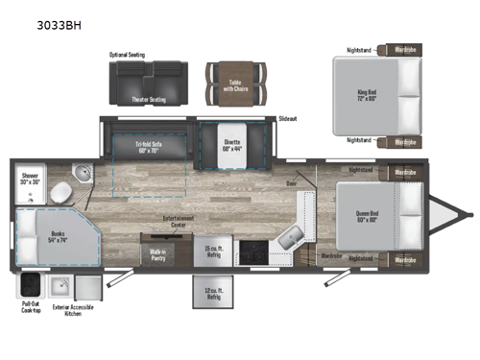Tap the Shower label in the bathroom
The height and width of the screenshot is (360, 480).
[x=28, y=178]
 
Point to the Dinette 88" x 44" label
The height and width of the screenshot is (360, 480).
[x=232, y=146]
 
